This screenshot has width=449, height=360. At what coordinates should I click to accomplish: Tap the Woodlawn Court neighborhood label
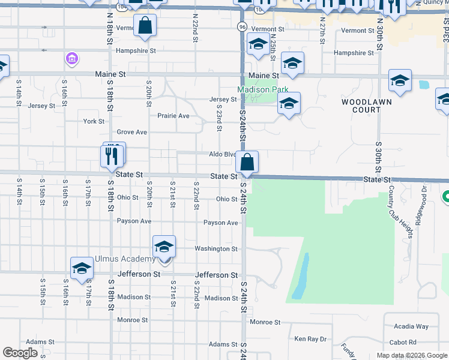pyautogui.click(x=366, y=106)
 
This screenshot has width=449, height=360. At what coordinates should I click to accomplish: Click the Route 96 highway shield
pyautogui.click(x=241, y=28)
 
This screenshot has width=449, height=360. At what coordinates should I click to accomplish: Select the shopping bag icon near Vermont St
pyautogui.click(x=145, y=26)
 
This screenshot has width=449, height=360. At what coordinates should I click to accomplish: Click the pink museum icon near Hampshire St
pyautogui.click(x=72, y=59)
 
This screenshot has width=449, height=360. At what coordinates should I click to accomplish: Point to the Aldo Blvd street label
pyautogui.click(x=222, y=154)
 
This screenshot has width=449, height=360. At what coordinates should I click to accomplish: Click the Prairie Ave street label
pyautogui.click(x=173, y=116)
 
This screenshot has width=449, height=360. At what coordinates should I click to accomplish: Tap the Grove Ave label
pyautogui.click(x=131, y=132)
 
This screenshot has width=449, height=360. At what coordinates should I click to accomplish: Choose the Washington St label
pyautogui.click(x=216, y=248)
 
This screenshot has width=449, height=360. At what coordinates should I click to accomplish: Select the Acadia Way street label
pyautogui.click(x=411, y=326)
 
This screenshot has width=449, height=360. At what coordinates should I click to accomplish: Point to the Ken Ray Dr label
pyautogui.click(x=310, y=339)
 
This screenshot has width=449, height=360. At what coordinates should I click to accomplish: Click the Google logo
pyautogui.click(x=20, y=353)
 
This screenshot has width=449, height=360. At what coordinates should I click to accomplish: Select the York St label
pyautogui.click(x=94, y=121)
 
